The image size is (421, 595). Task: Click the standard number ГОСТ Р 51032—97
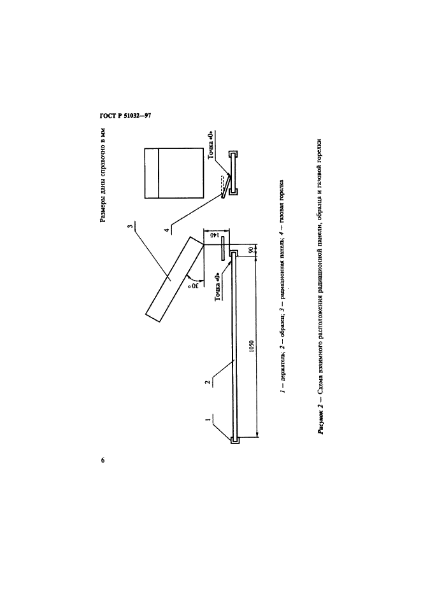pos(124,115)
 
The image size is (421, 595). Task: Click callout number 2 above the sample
pos(208,382)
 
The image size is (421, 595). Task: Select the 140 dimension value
pos(215,237)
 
